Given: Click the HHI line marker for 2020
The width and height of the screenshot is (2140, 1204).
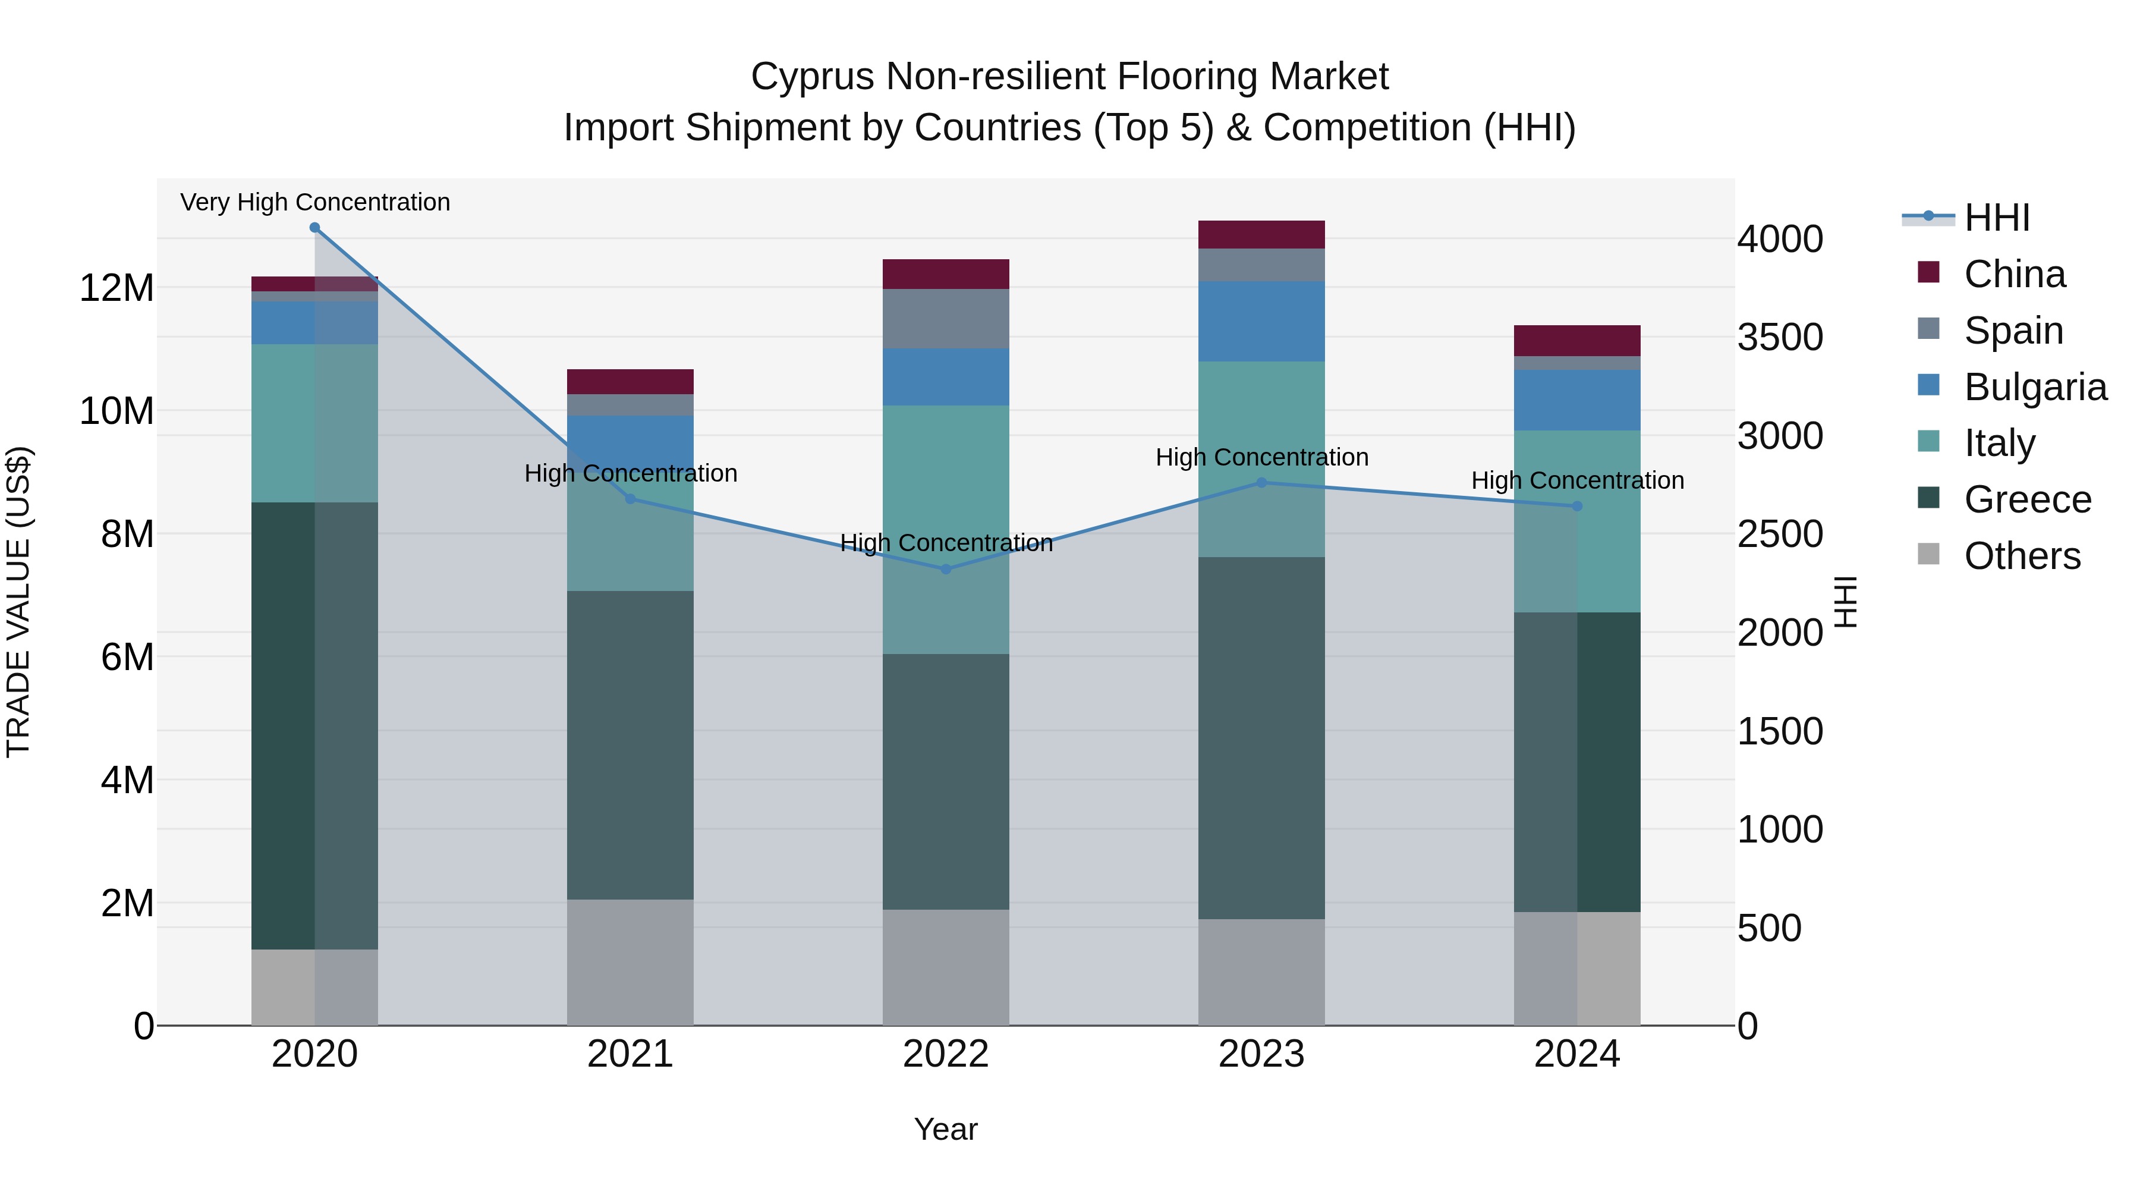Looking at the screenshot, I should [x=315, y=228].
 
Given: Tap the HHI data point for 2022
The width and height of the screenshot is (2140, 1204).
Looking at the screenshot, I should [x=945, y=569].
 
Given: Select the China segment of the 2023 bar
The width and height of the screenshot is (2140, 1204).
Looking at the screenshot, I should [x=1261, y=234].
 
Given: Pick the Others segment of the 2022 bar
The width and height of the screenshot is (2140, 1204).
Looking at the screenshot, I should [x=945, y=967].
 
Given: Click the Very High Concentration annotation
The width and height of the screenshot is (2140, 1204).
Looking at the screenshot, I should [x=315, y=202].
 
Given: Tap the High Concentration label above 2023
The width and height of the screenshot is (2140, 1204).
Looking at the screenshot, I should [x=1261, y=457].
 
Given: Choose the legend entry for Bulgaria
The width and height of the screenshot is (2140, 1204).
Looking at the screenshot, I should [x=2035, y=387].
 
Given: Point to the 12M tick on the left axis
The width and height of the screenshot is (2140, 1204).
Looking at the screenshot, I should [x=117, y=288].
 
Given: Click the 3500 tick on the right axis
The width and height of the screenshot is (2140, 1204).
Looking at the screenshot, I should [x=1779, y=337].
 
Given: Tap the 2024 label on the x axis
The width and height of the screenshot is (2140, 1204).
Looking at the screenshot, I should [x=1576, y=1054].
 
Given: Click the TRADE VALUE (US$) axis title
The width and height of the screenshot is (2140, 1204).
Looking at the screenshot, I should [x=18, y=602].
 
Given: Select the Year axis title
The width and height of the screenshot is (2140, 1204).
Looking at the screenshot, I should [x=945, y=1129].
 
